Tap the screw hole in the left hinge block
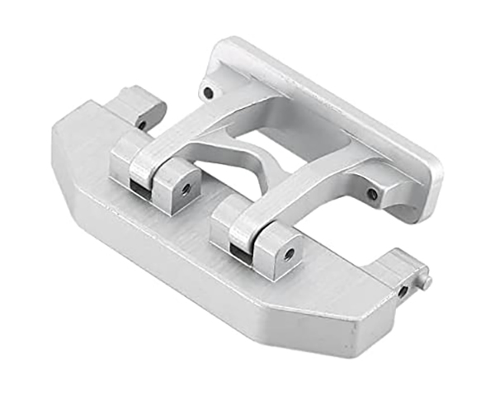point(186,188)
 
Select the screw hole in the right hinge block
point(288,253)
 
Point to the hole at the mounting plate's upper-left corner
point(209,92)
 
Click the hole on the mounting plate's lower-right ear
point(372,195)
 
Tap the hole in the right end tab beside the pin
point(403,291)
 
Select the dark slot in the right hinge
point(240,252)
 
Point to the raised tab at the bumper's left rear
point(136,107)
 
